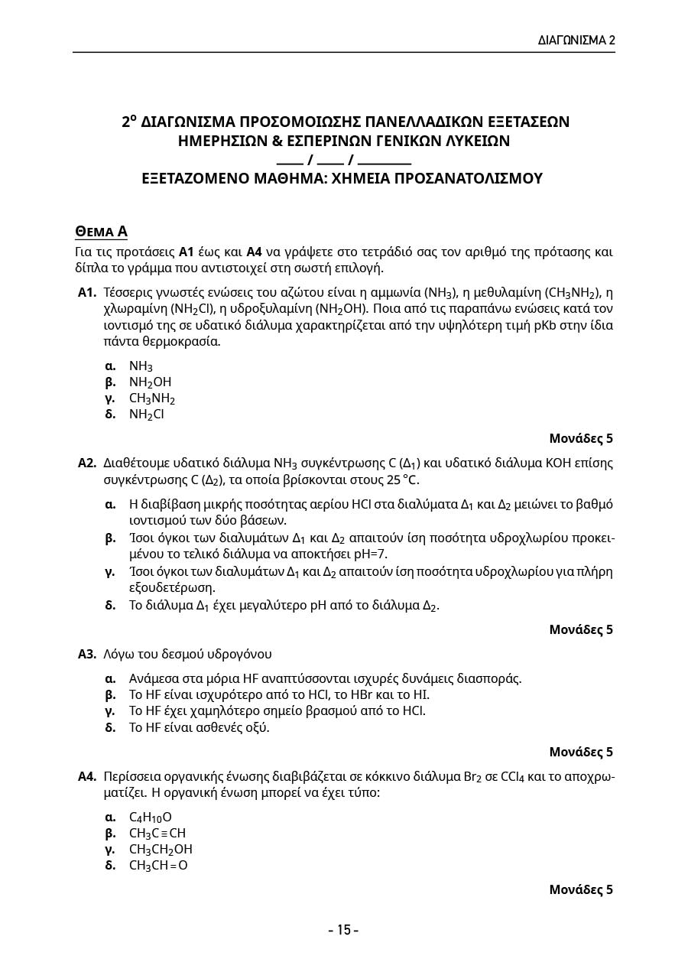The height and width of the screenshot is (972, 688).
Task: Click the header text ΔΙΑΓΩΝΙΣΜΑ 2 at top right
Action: [576, 40]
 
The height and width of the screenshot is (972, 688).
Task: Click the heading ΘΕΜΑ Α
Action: [101, 231]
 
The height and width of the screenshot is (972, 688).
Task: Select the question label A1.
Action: [86, 292]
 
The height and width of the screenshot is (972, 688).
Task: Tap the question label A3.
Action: [86, 654]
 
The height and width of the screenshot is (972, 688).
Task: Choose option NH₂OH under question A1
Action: [150, 382]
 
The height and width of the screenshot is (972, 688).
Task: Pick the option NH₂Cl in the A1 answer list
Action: [146, 414]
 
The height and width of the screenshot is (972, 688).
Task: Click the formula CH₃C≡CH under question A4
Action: [157, 833]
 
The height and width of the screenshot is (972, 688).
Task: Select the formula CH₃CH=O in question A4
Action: [157, 865]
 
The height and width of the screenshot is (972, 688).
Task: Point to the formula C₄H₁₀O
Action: [150, 817]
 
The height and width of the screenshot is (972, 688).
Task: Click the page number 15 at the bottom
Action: [343, 930]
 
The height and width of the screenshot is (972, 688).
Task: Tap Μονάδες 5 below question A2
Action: [581, 629]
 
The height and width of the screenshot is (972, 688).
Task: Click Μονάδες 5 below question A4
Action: [581, 889]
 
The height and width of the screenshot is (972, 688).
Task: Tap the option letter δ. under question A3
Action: [110, 727]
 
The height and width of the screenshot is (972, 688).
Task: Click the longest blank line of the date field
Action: [384, 161]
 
